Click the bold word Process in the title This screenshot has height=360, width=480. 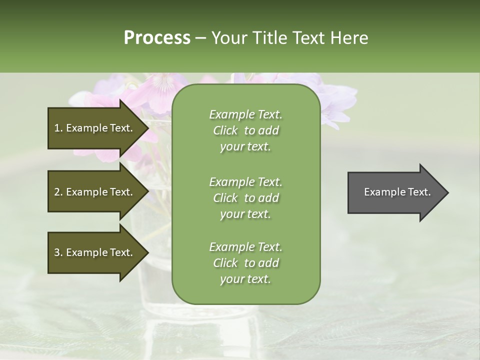click(157, 37)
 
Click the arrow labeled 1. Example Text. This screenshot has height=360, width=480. click(93, 128)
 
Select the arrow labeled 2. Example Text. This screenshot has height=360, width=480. click(93, 192)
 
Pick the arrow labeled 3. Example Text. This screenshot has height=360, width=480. click(93, 252)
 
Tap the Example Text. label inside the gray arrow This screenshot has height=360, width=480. click(397, 192)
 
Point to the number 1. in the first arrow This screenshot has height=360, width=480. click(58, 128)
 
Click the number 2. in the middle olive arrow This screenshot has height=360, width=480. click(58, 192)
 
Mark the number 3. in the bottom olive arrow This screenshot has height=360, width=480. click(58, 252)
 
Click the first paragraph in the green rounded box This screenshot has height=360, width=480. click(245, 130)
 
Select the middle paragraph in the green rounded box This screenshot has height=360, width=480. click(245, 198)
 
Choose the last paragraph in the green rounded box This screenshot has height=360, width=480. click(245, 263)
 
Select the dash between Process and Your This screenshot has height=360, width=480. click(201, 38)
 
